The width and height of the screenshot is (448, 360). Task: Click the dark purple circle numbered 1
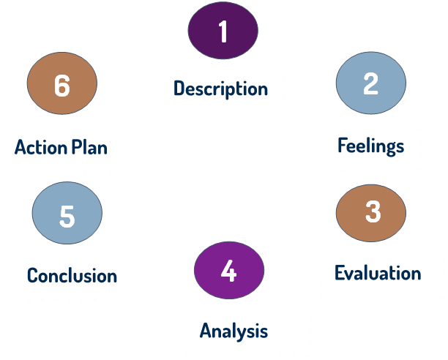(223, 31)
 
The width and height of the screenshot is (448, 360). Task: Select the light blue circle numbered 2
(370, 83)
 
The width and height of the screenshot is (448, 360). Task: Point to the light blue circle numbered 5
(67, 216)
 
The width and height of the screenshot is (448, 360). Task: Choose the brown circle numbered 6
(61, 86)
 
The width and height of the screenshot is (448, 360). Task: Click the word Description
(221, 89)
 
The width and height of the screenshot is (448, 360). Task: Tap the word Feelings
(370, 146)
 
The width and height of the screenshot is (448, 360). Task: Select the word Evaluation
(378, 274)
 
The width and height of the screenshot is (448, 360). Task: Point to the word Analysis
(234, 331)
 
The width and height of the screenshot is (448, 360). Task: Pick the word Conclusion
(72, 276)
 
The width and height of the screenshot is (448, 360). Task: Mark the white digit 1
(223, 31)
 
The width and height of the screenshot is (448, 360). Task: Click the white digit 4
(228, 271)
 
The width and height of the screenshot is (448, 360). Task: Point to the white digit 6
(61, 86)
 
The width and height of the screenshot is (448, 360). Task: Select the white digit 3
(373, 212)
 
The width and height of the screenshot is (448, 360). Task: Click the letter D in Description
(179, 89)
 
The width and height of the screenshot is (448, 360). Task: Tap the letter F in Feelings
(342, 145)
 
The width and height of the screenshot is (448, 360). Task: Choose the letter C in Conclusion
(32, 276)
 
